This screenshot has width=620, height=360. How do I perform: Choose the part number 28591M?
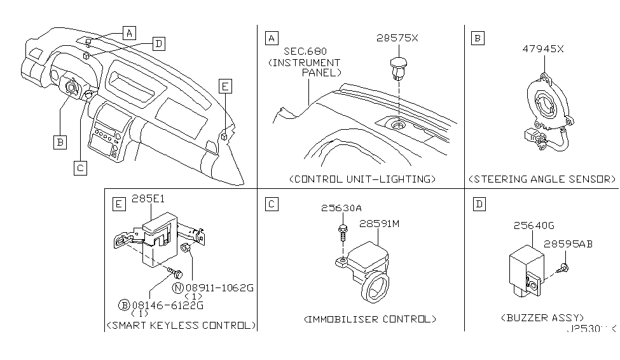pos(380,223)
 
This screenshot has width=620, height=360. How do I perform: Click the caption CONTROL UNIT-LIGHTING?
pos(362,179)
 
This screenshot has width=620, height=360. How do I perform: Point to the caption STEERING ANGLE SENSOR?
pos(542,179)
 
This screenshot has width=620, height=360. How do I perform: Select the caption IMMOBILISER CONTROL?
pos(371,319)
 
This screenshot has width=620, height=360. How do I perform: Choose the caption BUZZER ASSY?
pos(542,317)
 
